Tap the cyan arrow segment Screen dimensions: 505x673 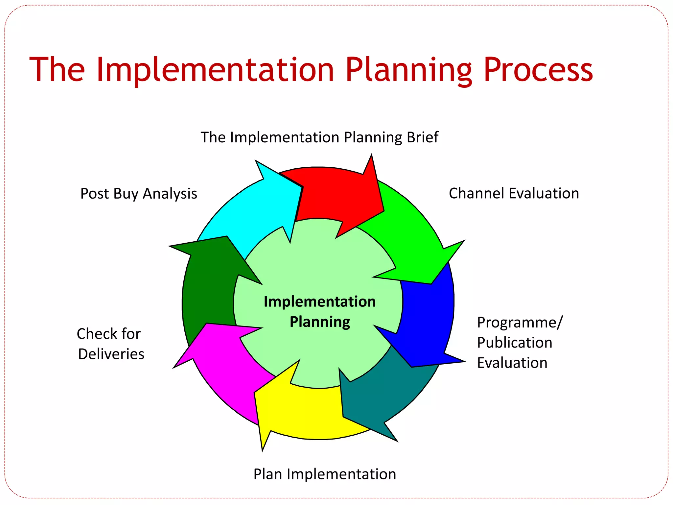(256, 210)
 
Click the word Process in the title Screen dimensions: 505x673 (538, 70)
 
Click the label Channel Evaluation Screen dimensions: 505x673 (514, 193)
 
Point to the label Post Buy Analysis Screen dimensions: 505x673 (139, 194)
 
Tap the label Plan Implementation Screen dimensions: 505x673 (325, 474)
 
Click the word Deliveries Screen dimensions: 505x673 (111, 354)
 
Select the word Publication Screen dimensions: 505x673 (515, 343)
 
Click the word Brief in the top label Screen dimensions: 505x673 (422, 137)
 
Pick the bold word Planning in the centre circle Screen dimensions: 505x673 (320, 322)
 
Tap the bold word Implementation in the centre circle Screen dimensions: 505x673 (320, 301)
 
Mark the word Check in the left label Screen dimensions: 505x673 (97, 334)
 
